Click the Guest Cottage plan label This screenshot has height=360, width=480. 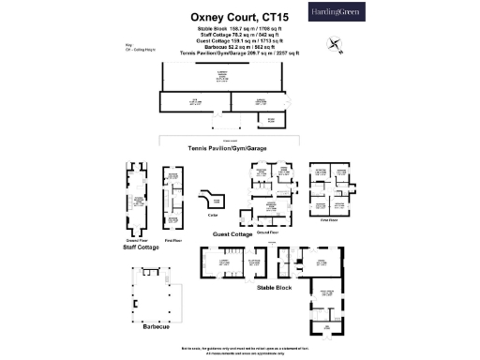tap(240, 233)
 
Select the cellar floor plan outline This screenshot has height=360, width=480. tap(214, 200)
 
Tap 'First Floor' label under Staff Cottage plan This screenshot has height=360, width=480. tap(172, 240)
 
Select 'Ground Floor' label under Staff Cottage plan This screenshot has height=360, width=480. tap(137, 240)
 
